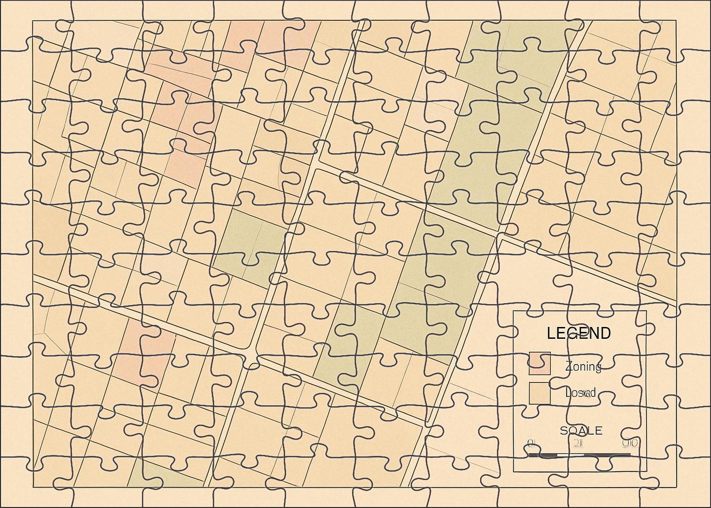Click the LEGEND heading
[579, 333]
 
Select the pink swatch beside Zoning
[539, 364]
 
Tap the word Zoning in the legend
[583, 367]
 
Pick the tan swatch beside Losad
[539, 393]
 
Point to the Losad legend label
[580, 393]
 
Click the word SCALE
[581, 431]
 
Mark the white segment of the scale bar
[571, 454]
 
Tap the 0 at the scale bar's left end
[531, 443]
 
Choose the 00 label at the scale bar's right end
[630, 443]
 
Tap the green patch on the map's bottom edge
[149, 476]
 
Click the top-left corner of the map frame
[33, 20]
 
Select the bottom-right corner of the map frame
[676, 487]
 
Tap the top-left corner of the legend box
[513, 311]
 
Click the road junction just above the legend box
[501, 237]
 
